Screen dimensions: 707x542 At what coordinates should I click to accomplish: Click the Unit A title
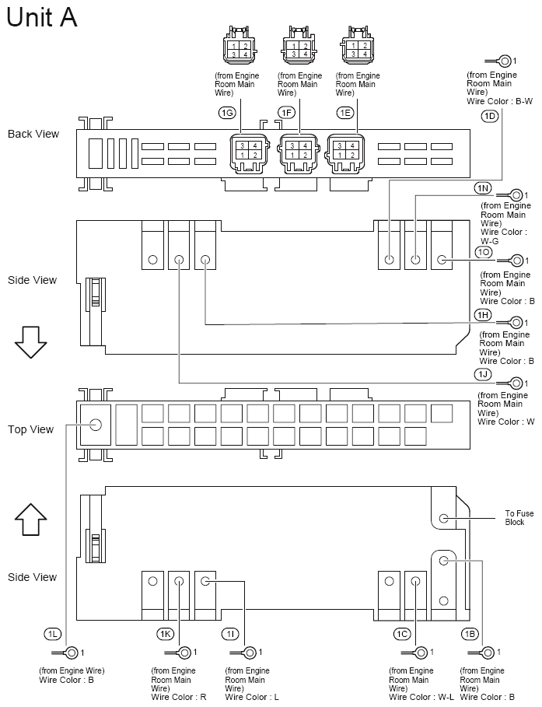pos(42,17)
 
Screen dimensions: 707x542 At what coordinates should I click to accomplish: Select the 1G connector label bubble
pos(227,113)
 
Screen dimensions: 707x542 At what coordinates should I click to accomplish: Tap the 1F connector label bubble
pos(286,113)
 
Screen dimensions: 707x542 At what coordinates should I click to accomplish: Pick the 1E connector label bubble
pos(345,113)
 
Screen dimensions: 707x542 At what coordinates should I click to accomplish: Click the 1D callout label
pos(489,116)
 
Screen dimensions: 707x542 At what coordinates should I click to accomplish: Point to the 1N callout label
pos(483,188)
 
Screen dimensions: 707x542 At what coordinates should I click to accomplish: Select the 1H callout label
pos(483,313)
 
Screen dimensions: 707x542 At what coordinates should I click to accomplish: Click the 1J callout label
pos(483,374)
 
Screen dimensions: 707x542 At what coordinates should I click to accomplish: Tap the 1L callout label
pos(53,634)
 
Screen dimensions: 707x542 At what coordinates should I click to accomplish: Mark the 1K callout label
pos(166,634)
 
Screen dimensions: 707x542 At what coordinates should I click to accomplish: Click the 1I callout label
pos(231,634)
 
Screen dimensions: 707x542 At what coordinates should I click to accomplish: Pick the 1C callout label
pos(401,634)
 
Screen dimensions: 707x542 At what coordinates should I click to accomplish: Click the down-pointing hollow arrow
pos(32,342)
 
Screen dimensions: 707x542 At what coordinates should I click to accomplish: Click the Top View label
pos(32,429)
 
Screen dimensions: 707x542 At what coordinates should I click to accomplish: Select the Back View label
pos(33,134)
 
